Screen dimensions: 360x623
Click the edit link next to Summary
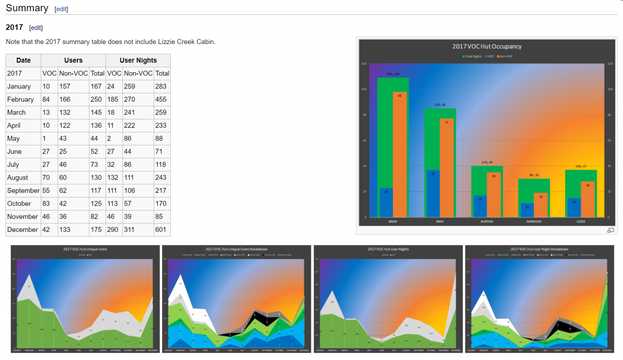pyautogui.click(x=61, y=9)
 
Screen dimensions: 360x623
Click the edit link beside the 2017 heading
pyautogui.click(x=36, y=28)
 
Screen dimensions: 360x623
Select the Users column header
pyautogui.click(x=73, y=60)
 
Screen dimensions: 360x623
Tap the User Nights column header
pyautogui.click(x=138, y=60)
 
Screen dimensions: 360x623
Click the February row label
pyautogui.click(x=20, y=99)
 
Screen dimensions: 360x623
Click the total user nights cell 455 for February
pyautogui.click(x=161, y=99)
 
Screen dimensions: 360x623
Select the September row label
pyautogui.click(x=23, y=191)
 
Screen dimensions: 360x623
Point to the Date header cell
pyautogui.click(x=23, y=60)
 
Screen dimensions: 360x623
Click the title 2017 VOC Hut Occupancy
pyautogui.click(x=487, y=46)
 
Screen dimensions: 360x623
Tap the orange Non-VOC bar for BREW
pyautogui.click(x=400, y=156)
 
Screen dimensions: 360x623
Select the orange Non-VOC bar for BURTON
pyautogui.click(x=494, y=195)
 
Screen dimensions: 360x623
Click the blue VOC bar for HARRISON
pyautogui.click(x=527, y=210)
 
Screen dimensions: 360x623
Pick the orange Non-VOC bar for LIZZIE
pyautogui.click(x=588, y=199)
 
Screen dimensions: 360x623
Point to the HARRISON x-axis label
pyautogui.click(x=533, y=221)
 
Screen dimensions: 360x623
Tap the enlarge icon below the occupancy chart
pyautogui.click(x=611, y=230)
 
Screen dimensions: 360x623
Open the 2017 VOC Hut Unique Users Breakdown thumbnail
pyautogui.click(x=236, y=299)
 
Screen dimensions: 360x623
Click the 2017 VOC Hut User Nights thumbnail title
pyautogui.click(x=388, y=249)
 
